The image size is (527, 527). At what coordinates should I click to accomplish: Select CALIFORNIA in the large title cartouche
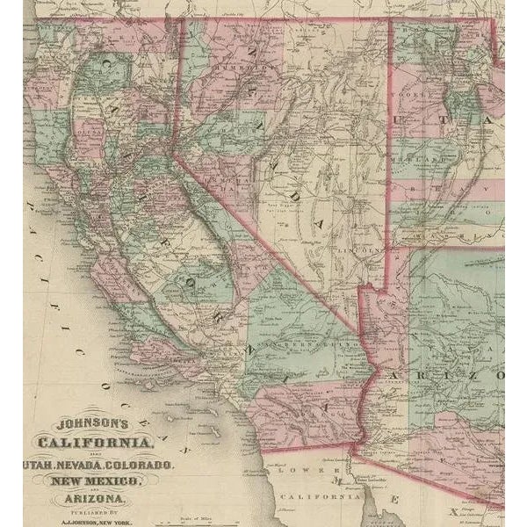(94, 441)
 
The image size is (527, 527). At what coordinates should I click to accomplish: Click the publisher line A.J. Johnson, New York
(94, 520)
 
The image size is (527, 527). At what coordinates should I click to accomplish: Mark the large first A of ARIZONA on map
(393, 376)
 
